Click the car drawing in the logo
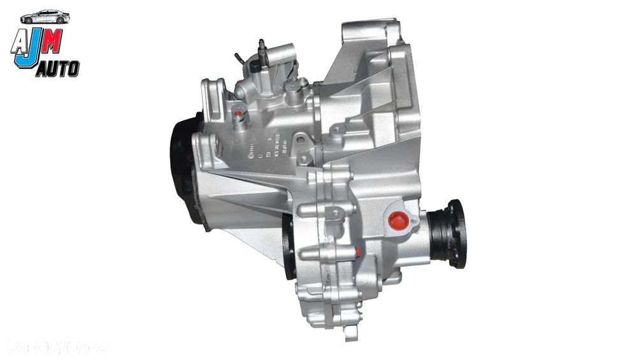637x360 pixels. [45, 17]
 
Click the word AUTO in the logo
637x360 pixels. [57, 69]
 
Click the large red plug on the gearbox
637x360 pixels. [398, 220]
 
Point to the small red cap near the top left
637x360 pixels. [238, 115]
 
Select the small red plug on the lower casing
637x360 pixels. [359, 252]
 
